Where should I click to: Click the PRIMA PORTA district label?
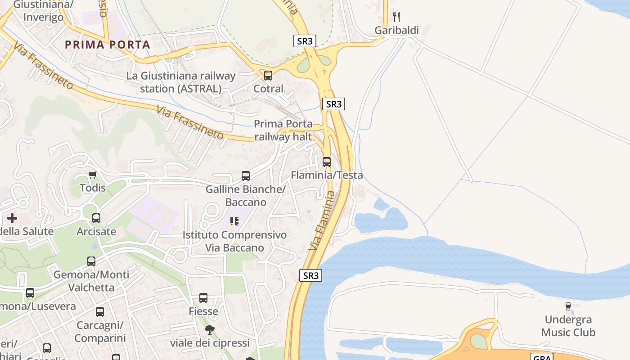click(107, 45)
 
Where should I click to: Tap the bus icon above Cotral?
click(268, 76)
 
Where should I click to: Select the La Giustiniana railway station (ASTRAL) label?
click(181, 82)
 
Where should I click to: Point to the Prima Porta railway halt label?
click(283, 130)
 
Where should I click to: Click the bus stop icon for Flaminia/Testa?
click(327, 162)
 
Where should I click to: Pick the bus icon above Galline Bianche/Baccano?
click(246, 176)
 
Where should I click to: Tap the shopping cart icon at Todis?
click(93, 175)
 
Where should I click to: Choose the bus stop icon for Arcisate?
click(96, 219)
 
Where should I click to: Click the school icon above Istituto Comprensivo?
click(234, 221)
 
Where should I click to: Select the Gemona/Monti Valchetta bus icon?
click(91, 261)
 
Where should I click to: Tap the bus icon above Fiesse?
click(203, 298)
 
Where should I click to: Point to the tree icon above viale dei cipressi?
click(210, 330)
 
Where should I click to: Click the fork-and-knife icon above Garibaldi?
click(396, 17)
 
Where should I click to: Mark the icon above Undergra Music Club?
click(568, 306)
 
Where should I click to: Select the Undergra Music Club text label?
click(568, 326)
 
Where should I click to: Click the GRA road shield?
click(542, 357)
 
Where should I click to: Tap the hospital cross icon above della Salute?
click(12, 219)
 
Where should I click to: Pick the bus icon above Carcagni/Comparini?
click(100, 312)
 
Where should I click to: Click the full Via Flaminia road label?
click(323, 220)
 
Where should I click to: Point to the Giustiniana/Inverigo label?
click(43, 11)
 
